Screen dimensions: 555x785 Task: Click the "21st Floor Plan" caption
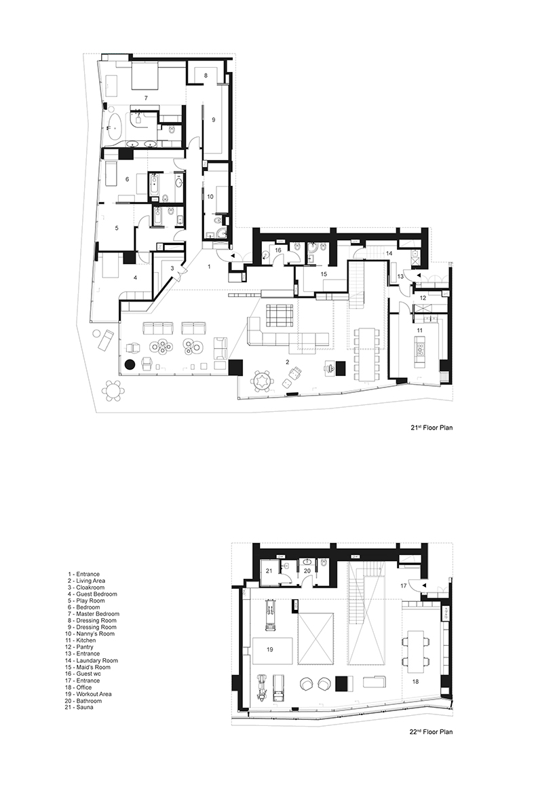click(432, 428)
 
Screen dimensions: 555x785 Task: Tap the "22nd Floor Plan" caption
click(431, 731)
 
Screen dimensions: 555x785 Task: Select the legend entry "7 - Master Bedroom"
click(94, 614)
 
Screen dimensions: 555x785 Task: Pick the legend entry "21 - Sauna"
click(81, 707)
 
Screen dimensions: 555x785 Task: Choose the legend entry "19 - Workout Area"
click(90, 694)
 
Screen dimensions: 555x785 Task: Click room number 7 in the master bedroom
click(146, 97)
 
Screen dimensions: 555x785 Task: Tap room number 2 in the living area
click(287, 361)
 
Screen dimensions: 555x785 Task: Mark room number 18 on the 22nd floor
click(416, 681)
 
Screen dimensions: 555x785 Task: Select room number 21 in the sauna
click(269, 570)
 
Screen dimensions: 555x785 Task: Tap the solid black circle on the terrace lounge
click(130, 365)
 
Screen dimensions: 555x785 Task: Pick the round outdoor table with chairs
click(115, 390)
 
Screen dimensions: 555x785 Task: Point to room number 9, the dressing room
click(214, 119)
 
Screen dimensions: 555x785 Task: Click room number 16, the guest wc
click(279, 250)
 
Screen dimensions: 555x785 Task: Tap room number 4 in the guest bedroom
click(135, 277)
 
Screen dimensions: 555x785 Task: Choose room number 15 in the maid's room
click(324, 274)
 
